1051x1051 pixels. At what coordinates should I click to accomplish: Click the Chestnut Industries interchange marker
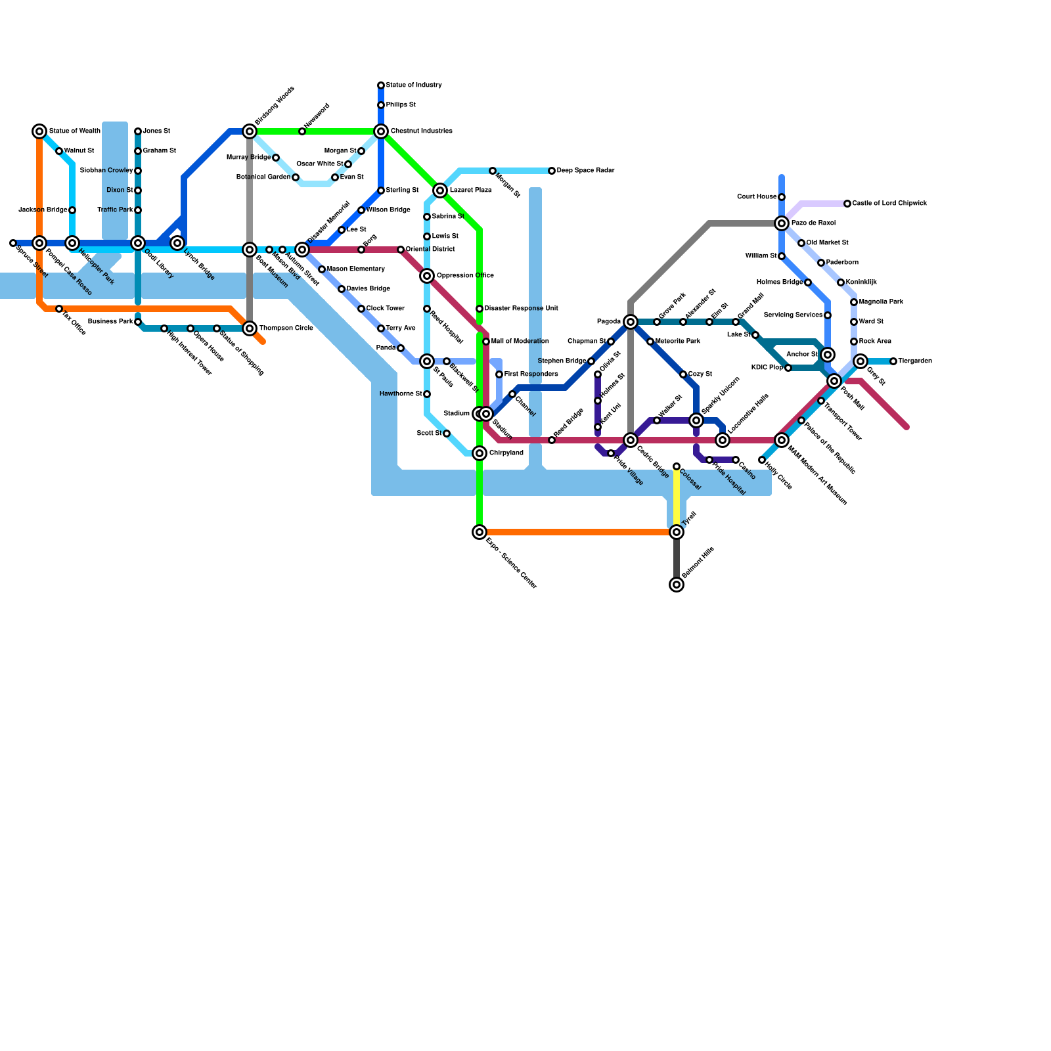tap(381, 131)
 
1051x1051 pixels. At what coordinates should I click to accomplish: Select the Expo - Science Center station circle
tap(480, 532)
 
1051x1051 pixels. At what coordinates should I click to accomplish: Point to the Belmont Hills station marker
tap(677, 585)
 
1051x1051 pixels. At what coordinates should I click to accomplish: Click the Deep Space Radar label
tap(585, 171)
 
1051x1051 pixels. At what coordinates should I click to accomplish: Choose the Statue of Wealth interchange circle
tap(39, 131)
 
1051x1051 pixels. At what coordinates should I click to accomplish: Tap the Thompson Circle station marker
tap(250, 328)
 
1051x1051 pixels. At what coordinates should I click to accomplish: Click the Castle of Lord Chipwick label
tap(889, 204)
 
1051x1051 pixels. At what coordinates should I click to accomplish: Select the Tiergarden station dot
tap(893, 361)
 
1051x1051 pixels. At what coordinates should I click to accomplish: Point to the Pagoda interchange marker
tap(631, 322)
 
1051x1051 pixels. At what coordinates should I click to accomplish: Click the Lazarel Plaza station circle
tap(440, 190)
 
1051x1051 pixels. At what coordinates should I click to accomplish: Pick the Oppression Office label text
tap(465, 276)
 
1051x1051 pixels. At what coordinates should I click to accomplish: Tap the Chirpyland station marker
tap(480, 453)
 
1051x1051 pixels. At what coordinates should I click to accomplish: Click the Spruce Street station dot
tap(13, 243)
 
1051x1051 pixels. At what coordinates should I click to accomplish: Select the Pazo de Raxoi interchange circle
tap(782, 223)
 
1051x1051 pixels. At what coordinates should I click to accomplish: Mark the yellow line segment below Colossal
tap(677, 499)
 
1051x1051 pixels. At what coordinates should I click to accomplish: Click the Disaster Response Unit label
tap(521, 309)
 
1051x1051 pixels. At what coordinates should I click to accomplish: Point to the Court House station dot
tap(782, 197)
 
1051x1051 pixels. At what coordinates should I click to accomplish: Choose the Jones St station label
tap(156, 131)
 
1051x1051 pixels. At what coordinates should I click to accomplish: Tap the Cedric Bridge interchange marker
tap(631, 440)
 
